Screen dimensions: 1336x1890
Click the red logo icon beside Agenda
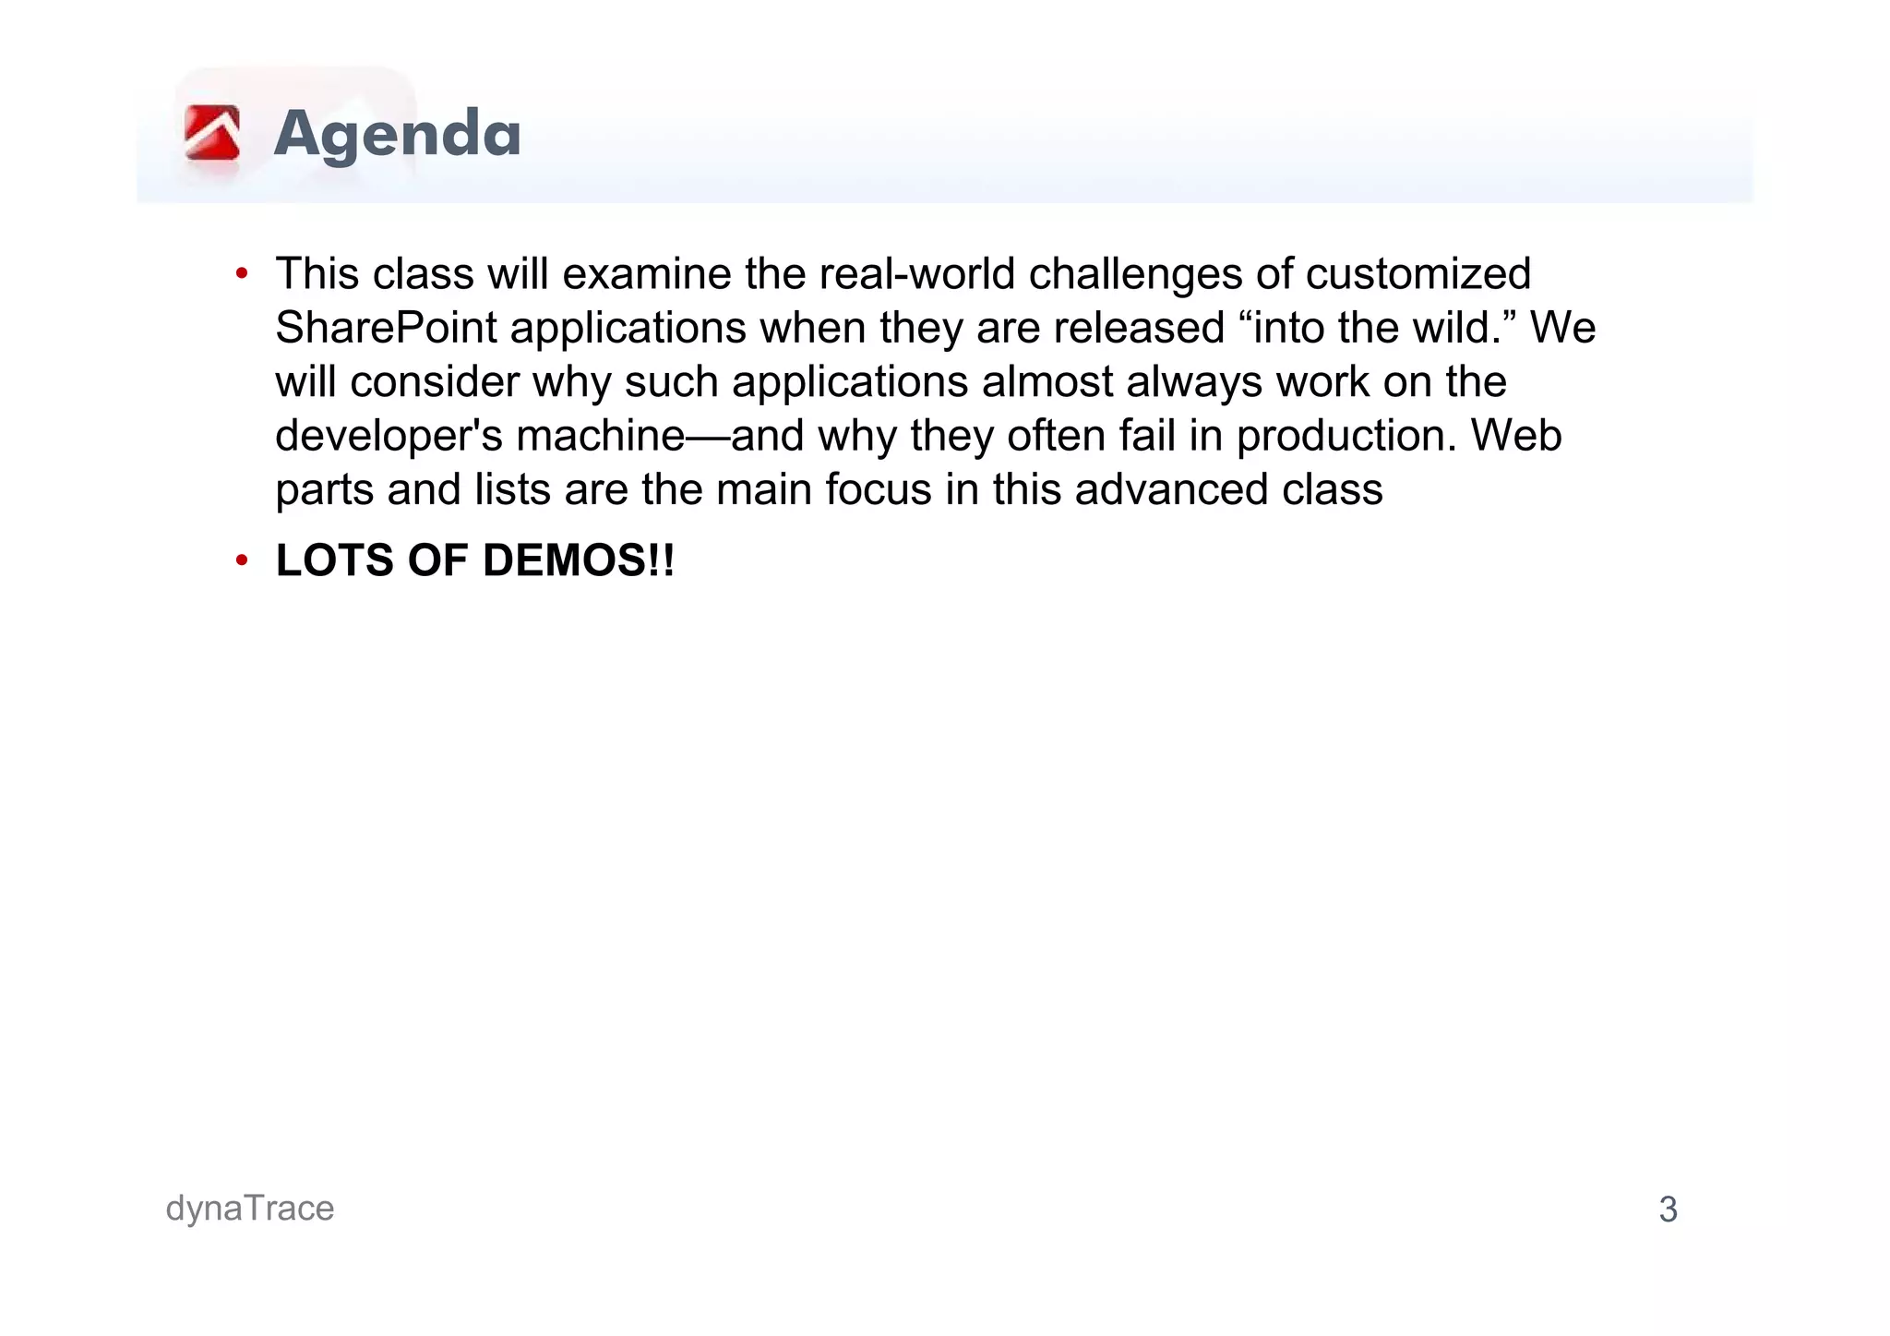click(x=212, y=133)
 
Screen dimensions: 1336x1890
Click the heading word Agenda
click(x=397, y=135)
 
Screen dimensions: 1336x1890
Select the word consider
click(x=434, y=382)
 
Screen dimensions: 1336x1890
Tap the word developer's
click(x=389, y=436)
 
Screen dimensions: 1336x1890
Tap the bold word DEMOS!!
click(x=578, y=560)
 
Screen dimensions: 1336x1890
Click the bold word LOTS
click(x=334, y=560)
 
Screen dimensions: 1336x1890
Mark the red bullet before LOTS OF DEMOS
click(x=242, y=560)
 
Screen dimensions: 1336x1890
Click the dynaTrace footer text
click(x=249, y=1209)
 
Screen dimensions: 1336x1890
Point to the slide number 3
click(x=1668, y=1210)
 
